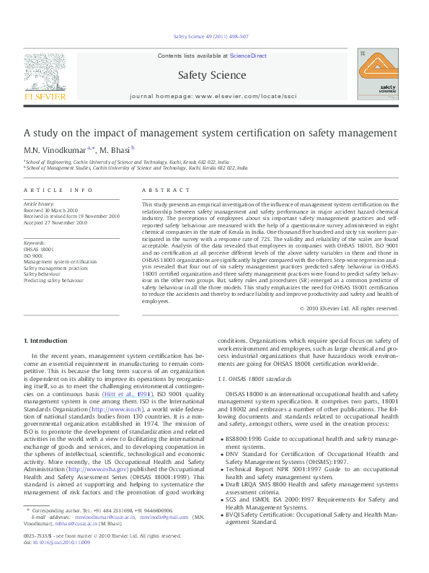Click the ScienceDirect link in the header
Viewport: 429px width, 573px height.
[x=248, y=56]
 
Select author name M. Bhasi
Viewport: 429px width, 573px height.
[x=113, y=149]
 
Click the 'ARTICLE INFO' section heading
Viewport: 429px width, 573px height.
[x=58, y=190]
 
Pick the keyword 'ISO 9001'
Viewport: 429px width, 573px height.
[x=34, y=255]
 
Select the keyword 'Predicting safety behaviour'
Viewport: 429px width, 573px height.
[x=53, y=279]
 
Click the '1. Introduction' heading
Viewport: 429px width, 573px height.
[x=45, y=340]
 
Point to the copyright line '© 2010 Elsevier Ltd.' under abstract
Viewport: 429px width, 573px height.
[x=349, y=308]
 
